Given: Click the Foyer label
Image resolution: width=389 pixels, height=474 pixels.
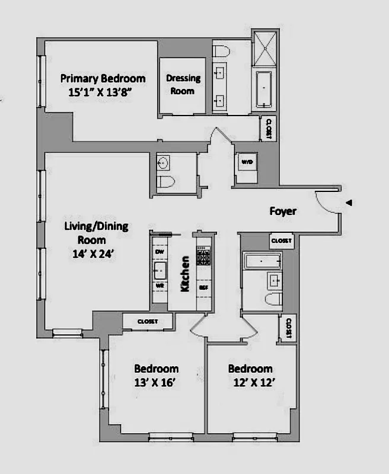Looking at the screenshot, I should tap(283, 211).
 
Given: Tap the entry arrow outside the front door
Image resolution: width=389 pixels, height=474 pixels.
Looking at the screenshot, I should tap(349, 203).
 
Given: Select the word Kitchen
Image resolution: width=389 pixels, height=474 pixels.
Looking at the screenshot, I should tap(185, 273).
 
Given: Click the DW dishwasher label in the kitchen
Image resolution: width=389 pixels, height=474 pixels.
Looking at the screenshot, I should tap(159, 252).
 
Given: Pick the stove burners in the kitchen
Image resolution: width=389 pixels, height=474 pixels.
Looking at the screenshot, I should tap(203, 258).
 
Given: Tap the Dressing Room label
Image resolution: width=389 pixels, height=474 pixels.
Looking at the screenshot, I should tap(183, 85).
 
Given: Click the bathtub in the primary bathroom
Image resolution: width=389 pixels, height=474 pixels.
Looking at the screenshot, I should tap(264, 89).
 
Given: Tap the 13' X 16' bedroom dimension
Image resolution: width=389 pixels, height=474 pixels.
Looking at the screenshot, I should tap(156, 382).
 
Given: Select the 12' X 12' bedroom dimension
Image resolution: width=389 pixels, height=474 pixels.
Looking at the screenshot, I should tap(250, 382).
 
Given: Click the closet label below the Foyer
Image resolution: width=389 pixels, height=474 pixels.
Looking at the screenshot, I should tap(281, 241).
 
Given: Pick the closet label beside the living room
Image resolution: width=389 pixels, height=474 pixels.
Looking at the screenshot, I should tap(147, 321).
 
